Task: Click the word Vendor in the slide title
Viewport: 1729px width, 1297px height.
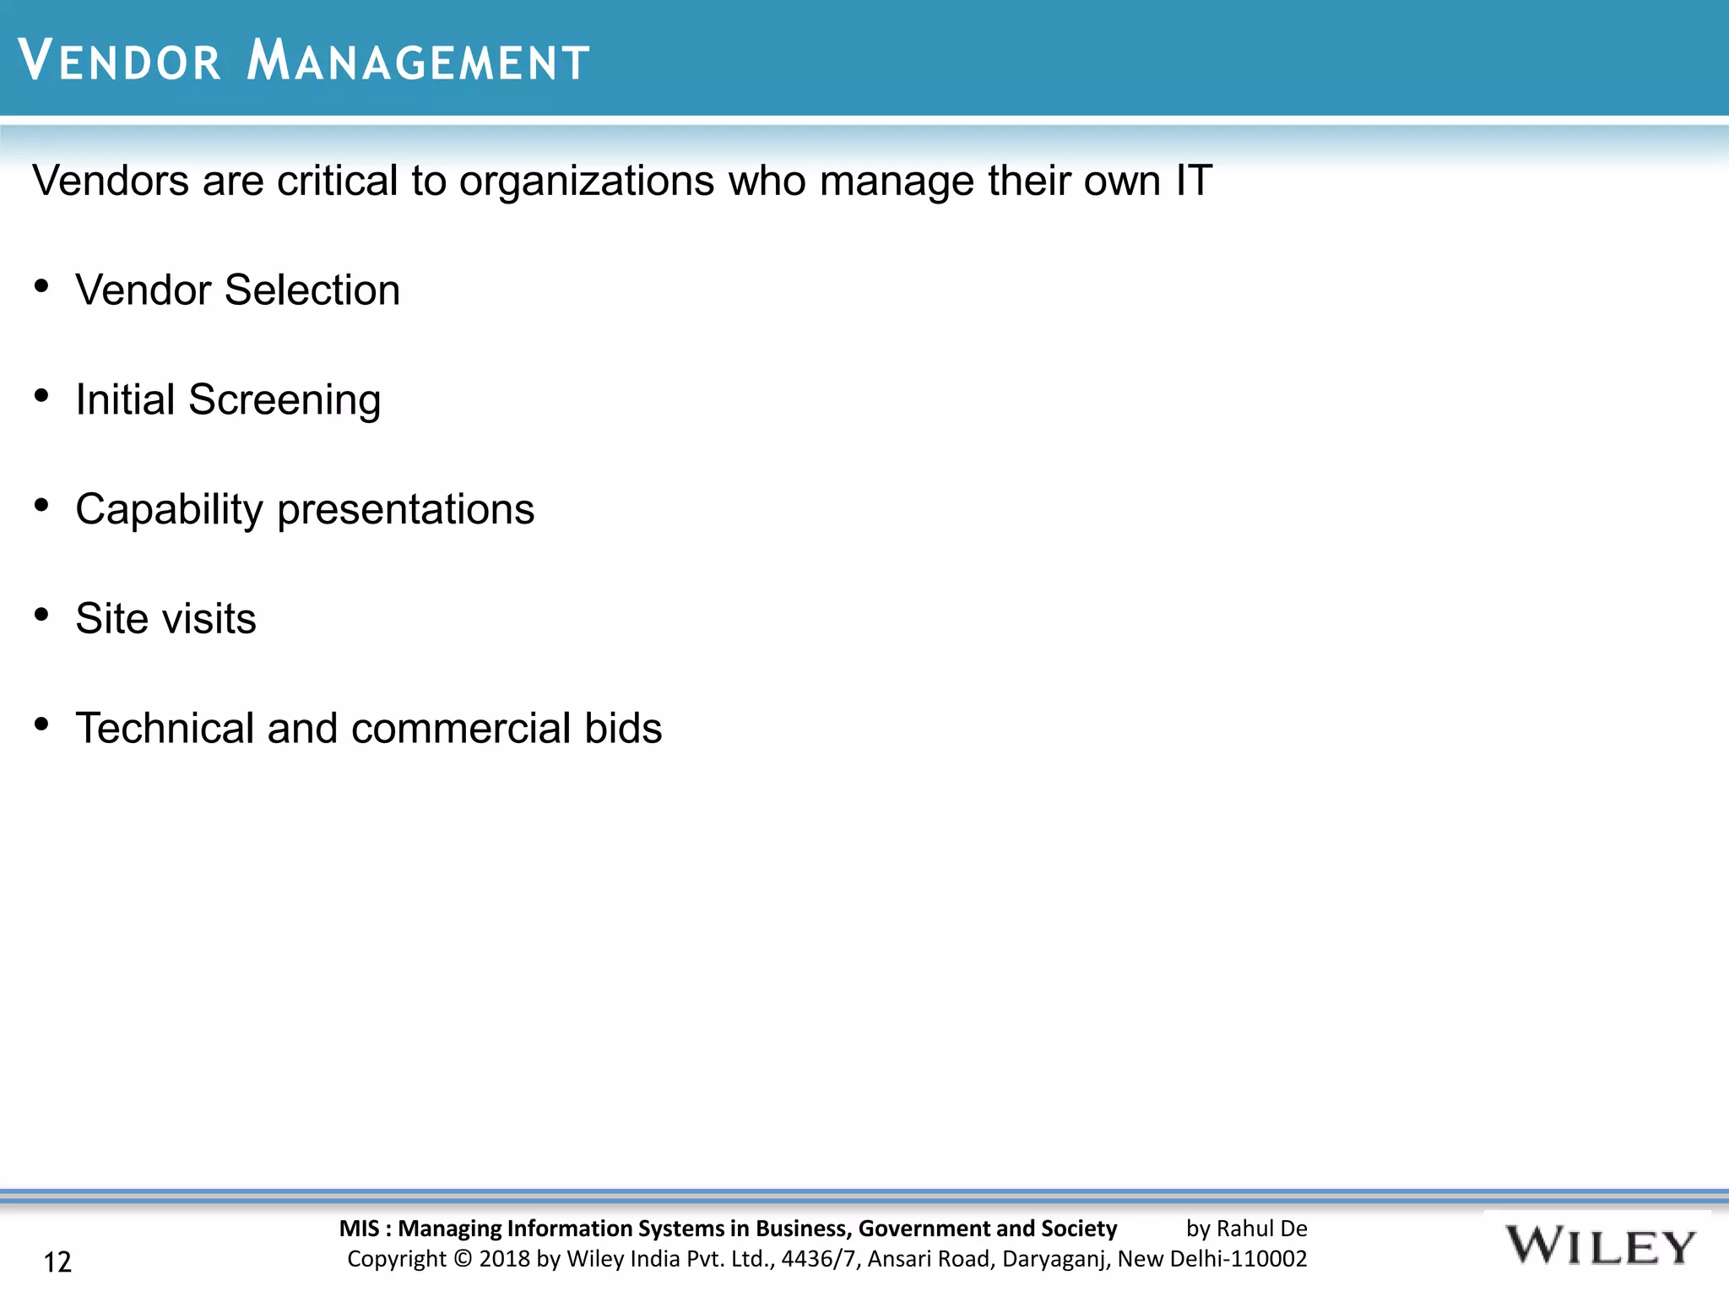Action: coord(119,61)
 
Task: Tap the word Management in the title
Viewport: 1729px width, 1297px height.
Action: coord(418,61)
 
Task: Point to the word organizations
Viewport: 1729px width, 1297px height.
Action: coord(587,181)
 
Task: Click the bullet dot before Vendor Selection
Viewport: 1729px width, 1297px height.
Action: coord(41,287)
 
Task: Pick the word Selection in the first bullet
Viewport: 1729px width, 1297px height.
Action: coord(312,290)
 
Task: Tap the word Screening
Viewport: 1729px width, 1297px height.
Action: coord(285,400)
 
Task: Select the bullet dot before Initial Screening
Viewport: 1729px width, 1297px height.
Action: coord(41,396)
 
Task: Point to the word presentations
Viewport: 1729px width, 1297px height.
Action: coord(406,510)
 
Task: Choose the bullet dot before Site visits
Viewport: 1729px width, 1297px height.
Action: coord(41,615)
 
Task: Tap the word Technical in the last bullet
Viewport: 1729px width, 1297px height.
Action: coord(165,728)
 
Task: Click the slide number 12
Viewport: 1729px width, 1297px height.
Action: coord(57,1262)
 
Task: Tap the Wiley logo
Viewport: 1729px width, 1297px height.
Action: coord(1599,1247)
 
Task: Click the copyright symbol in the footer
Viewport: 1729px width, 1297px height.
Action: coord(463,1259)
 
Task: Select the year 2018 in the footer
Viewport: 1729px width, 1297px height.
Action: coord(505,1259)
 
